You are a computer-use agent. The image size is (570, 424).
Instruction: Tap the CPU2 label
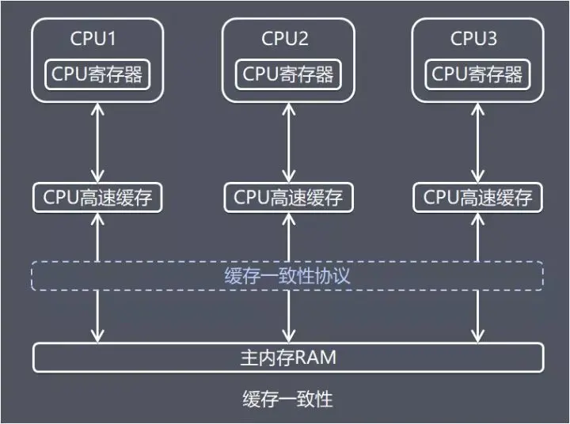(285, 38)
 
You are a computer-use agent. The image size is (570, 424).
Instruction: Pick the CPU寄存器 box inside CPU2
(287, 74)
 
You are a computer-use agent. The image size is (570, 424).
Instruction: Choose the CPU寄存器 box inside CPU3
(477, 74)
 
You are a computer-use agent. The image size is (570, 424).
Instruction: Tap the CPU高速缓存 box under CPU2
(287, 198)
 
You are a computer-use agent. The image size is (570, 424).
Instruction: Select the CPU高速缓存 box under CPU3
(477, 198)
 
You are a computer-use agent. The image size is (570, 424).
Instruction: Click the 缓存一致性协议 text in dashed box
(287, 277)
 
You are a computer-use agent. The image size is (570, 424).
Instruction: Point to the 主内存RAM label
(287, 358)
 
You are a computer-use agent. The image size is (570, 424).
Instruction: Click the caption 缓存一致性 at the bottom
(287, 399)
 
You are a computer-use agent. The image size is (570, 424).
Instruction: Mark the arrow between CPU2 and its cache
(287, 143)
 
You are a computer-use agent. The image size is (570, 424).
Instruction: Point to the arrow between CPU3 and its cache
(477, 143)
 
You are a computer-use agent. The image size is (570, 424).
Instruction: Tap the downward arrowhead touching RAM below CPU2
(287, 336)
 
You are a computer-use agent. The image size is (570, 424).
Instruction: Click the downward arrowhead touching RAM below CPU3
(477, 336)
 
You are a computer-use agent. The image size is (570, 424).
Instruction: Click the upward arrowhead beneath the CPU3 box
(477, 108)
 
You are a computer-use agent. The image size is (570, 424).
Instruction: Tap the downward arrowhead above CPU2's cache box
(287, 178)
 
